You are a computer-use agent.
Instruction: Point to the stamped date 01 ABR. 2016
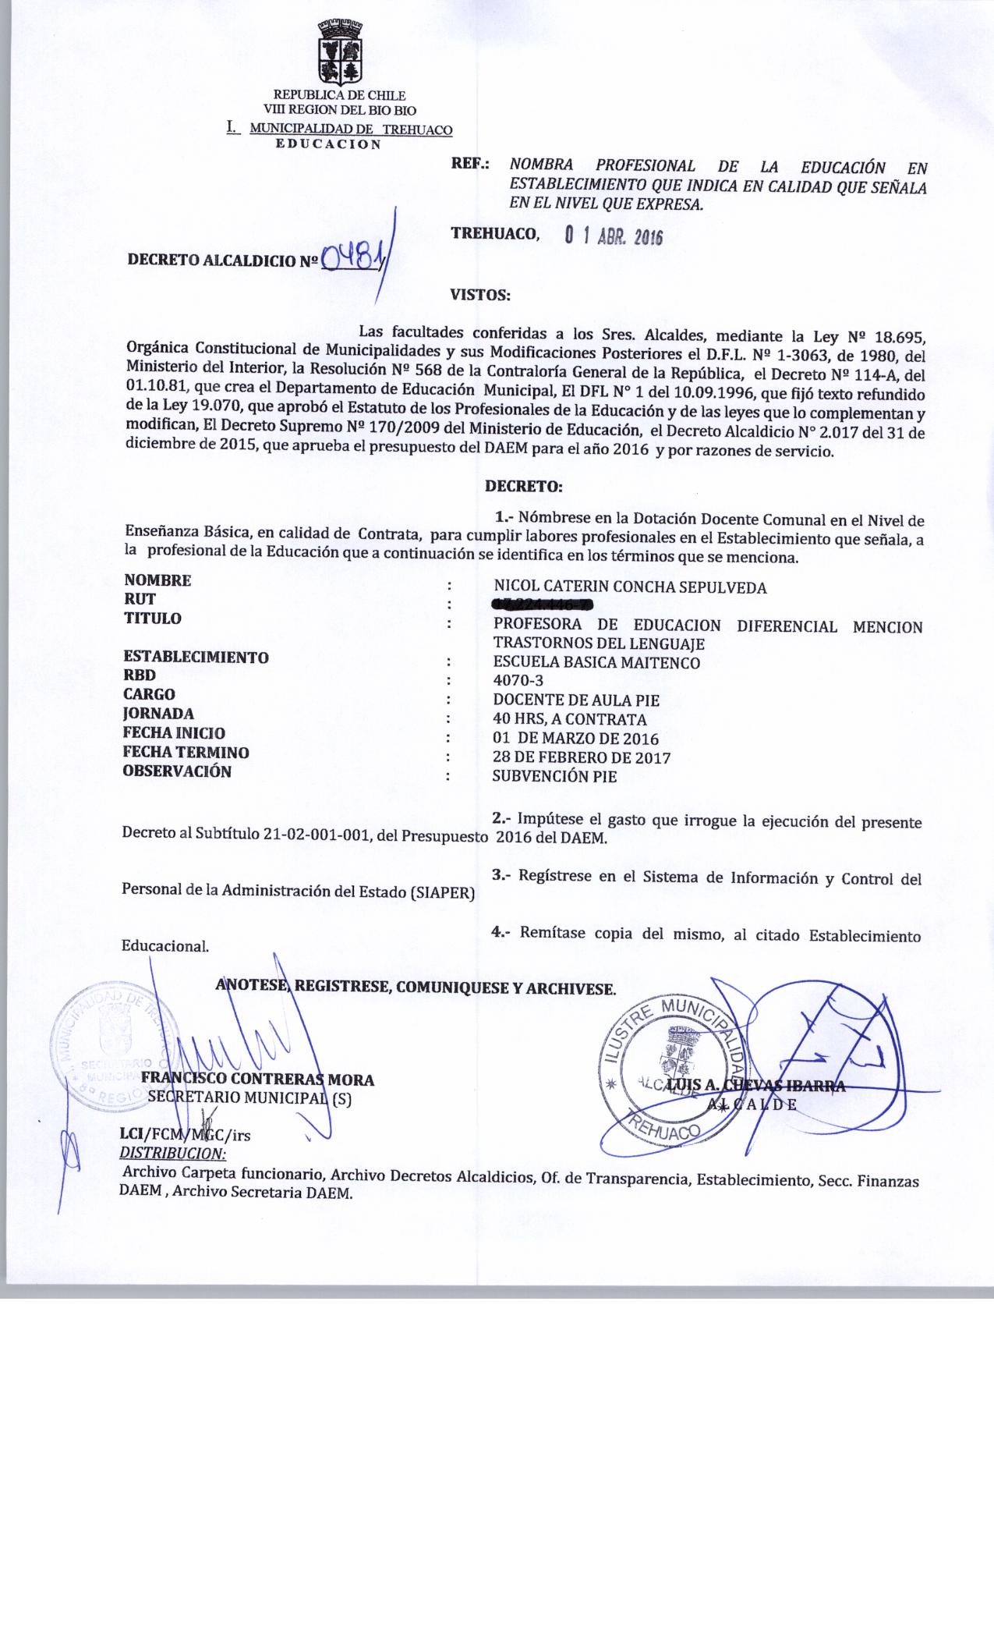(x=613, y=236)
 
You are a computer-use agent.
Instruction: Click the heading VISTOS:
(x=480, y=296)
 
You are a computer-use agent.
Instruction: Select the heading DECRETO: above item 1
(x=523, y=486)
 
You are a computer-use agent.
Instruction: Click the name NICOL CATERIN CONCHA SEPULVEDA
(x=630, y=587)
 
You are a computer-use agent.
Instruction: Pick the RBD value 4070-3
(x=518, y=680)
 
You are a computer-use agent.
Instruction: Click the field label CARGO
(x=149, y=693)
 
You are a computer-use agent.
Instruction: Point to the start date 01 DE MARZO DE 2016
(x=575, y=738)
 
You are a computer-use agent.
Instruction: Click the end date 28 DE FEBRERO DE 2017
(x=581, y=757)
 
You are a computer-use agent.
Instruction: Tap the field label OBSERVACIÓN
(x=177, y=771)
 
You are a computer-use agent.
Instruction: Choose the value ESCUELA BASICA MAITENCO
(x=596, y=663)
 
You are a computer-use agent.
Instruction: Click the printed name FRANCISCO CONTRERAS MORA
(x=257, y=1080)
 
